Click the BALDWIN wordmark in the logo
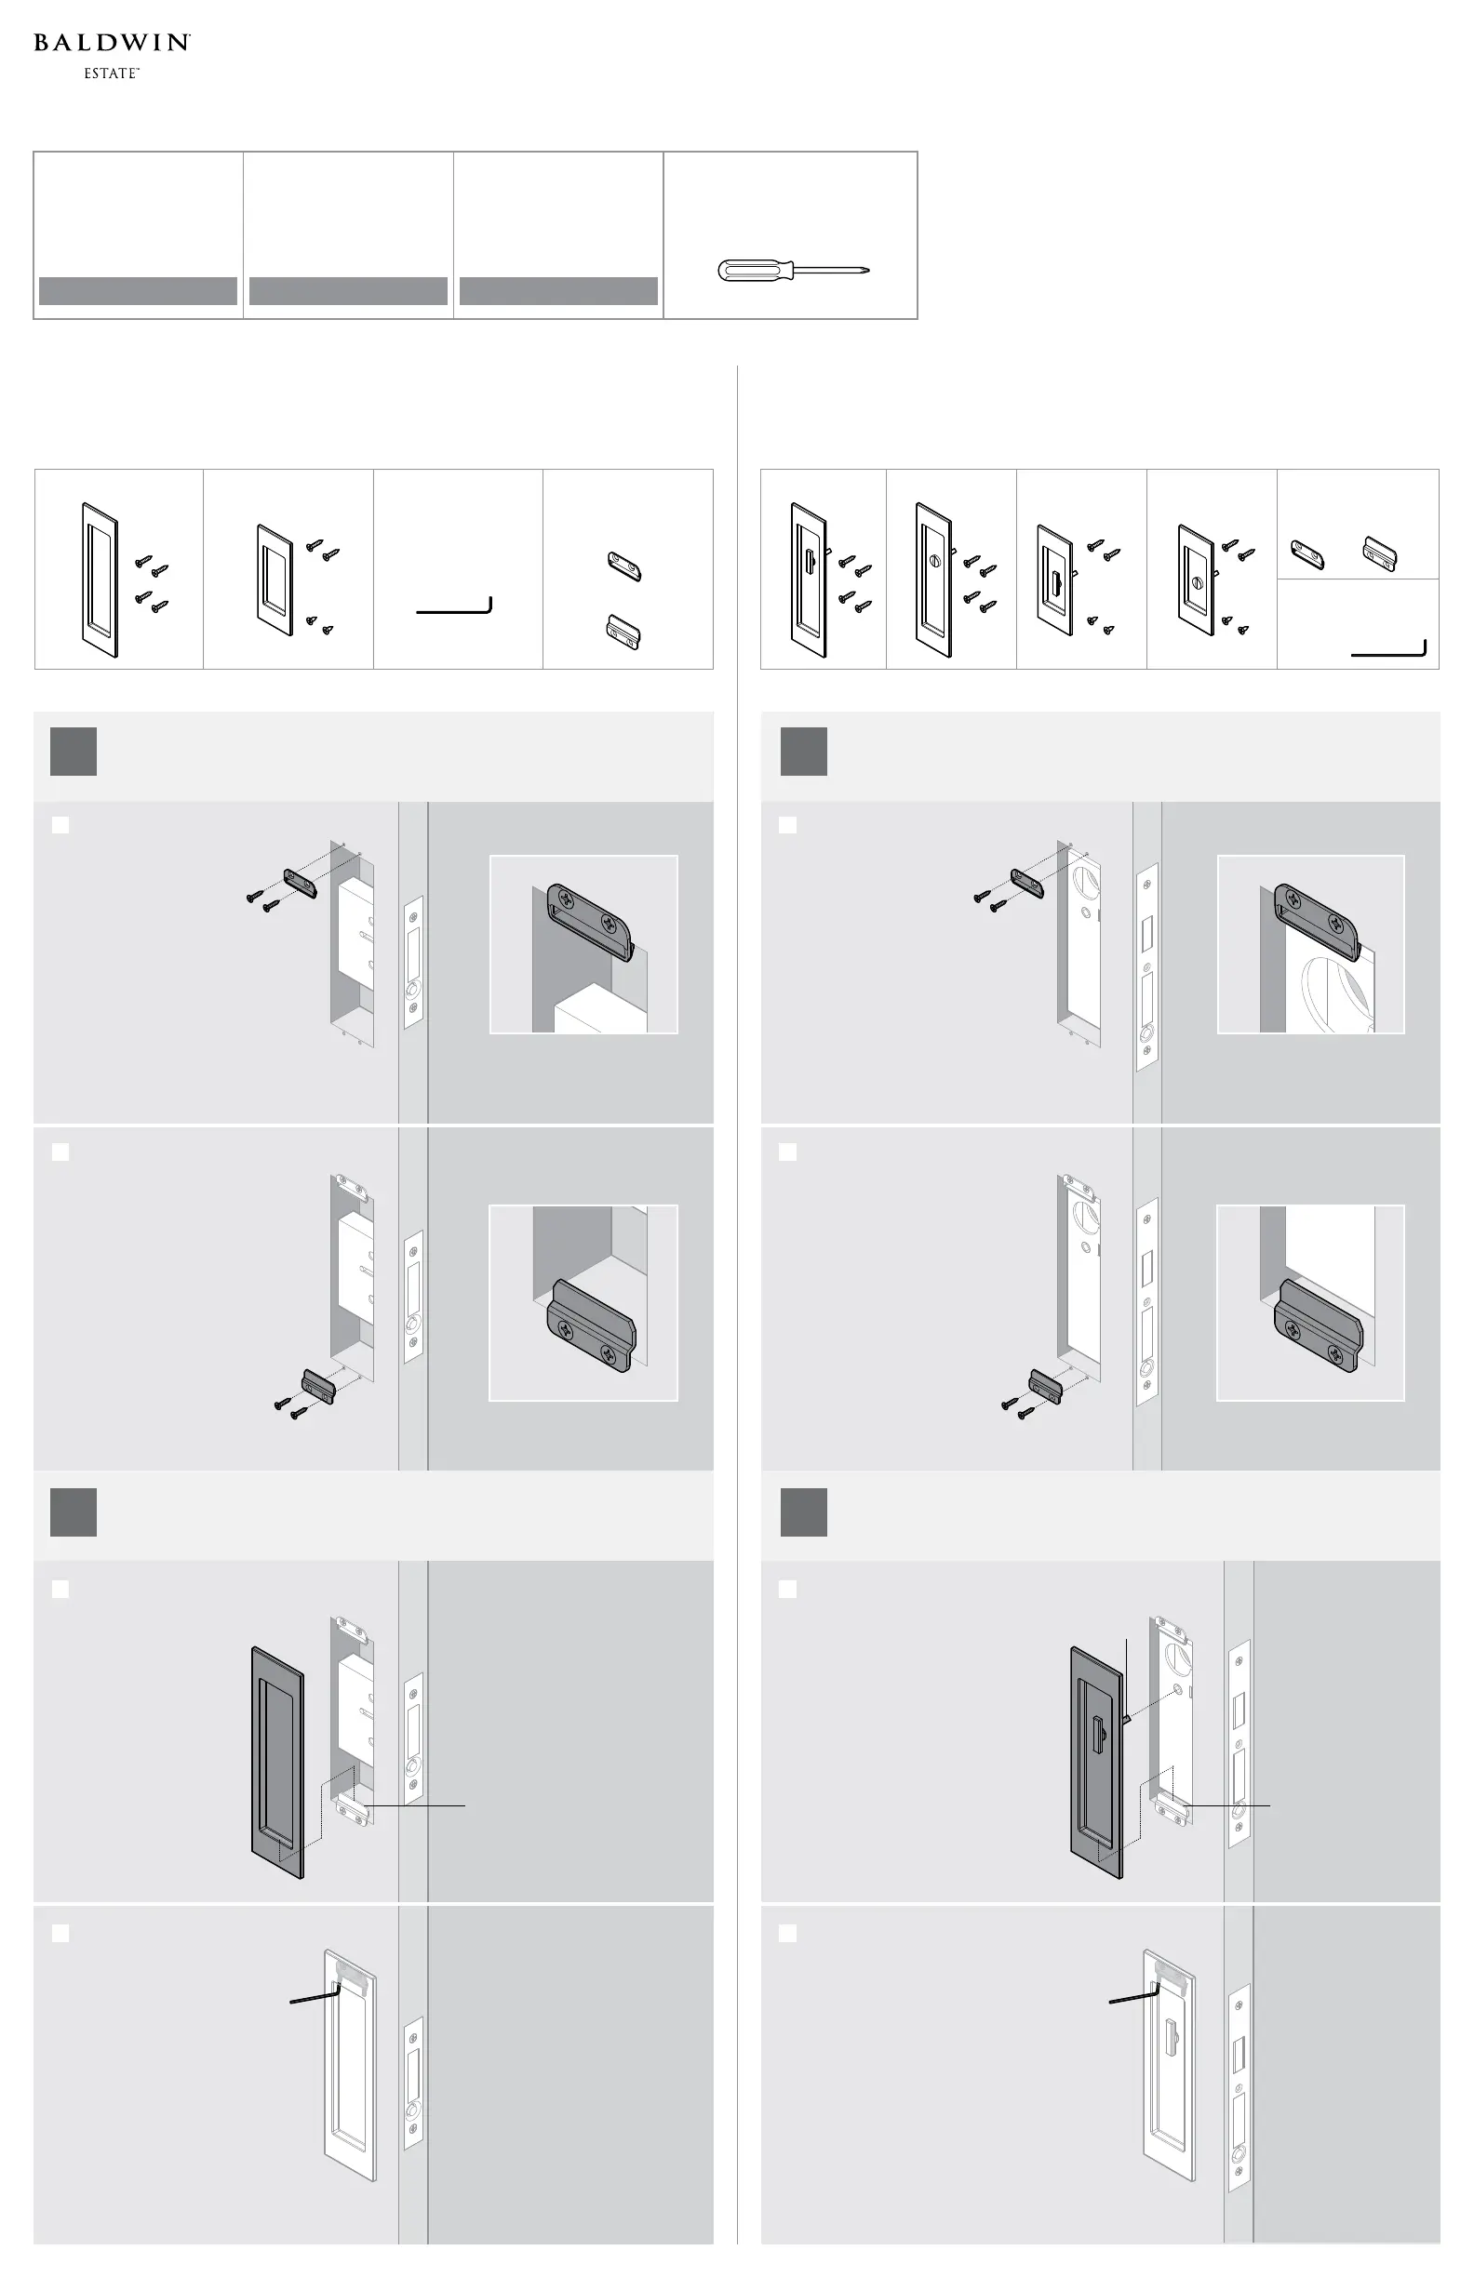[x=112, y=42]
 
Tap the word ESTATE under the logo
[x=111, y=73]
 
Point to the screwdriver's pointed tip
[x=867, y=271]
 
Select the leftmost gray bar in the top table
[x=138, y=291]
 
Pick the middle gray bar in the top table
[x=348, y=291]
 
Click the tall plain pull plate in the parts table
[x=100, y=579]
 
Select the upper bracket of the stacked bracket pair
[x=625, y=566]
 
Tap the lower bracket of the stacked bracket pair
[x=624, y=633]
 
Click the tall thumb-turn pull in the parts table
[x=809, y=579]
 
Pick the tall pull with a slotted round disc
[x=934, y=579]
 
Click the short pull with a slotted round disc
[x=1197, y=579]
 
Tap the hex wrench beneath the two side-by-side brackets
[x=1388, y=652]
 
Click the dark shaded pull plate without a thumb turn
[x=277, y=1763]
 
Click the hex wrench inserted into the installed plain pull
[x=315, y=1995]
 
